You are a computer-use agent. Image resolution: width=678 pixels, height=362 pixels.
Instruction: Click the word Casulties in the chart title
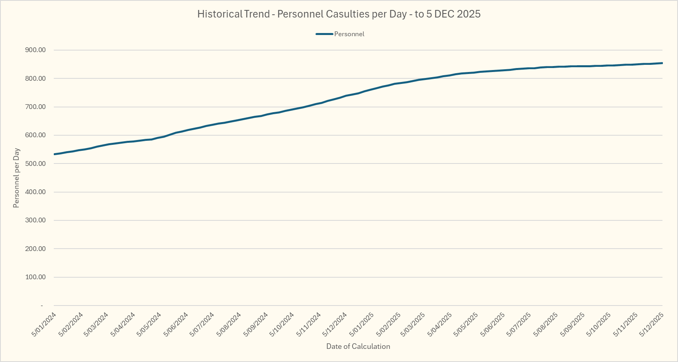[x=347, y=14]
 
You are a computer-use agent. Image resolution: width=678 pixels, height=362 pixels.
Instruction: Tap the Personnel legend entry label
[x=349, y=34]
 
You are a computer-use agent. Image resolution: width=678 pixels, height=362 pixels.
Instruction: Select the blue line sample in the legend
[x=324, y=34]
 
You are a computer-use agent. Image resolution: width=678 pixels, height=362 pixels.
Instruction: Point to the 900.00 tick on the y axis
[x=35, y=50]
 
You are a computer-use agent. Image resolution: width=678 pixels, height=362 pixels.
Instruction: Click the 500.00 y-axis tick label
[x=35, y=163]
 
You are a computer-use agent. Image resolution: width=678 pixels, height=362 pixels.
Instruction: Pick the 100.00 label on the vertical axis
[x=35, y=277]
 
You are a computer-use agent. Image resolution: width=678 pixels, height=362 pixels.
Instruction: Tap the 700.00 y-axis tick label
[x=35, y=107]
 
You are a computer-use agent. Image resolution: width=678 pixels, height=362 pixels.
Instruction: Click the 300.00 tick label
[x=35, y=220]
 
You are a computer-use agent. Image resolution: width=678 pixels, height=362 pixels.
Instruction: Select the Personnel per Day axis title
[x=16, y=178]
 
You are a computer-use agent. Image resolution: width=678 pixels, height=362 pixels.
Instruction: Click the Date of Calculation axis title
[x=358, y=346]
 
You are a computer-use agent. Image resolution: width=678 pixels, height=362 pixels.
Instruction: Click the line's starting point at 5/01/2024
[x=54, y=154]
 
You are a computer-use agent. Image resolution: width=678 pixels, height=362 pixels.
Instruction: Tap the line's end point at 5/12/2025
[x=662, y=63]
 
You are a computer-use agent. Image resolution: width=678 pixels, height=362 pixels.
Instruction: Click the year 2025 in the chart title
[x=469, y=14]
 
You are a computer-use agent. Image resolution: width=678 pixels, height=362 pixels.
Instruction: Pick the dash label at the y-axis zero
[x=42, y=306]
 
